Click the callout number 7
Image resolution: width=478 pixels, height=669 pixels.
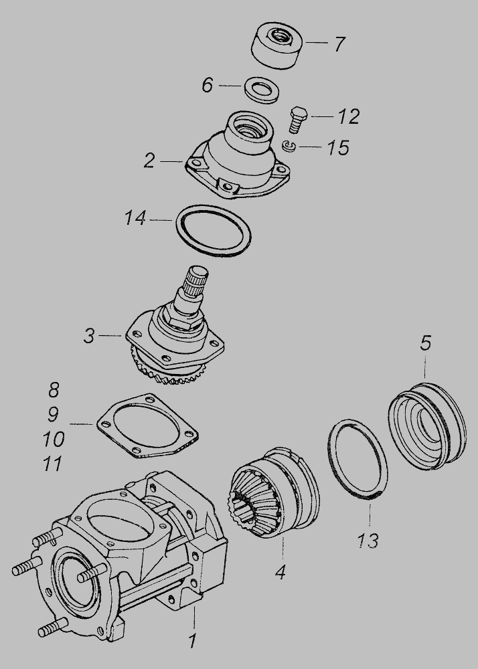click(x=339, y=44)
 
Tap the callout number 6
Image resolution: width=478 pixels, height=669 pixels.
click(x=207, y=85)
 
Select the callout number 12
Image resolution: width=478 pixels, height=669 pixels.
click(x=349, y=116)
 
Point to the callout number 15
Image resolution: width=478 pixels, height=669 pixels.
click(x=339, y=148)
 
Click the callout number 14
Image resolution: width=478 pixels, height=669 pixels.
click(x=135, y=217)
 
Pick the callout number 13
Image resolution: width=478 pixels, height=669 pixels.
click(x=368, y=541)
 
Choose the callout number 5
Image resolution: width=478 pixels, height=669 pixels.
click(x=426, y=343)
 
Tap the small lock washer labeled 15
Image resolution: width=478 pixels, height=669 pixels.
click(x=289, y=147)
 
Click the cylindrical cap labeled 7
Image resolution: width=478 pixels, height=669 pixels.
click(x=277, y=45)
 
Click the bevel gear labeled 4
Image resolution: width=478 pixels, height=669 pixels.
click(x=273, y=492)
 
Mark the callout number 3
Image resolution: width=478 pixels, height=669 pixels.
click(x=89, y=336)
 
